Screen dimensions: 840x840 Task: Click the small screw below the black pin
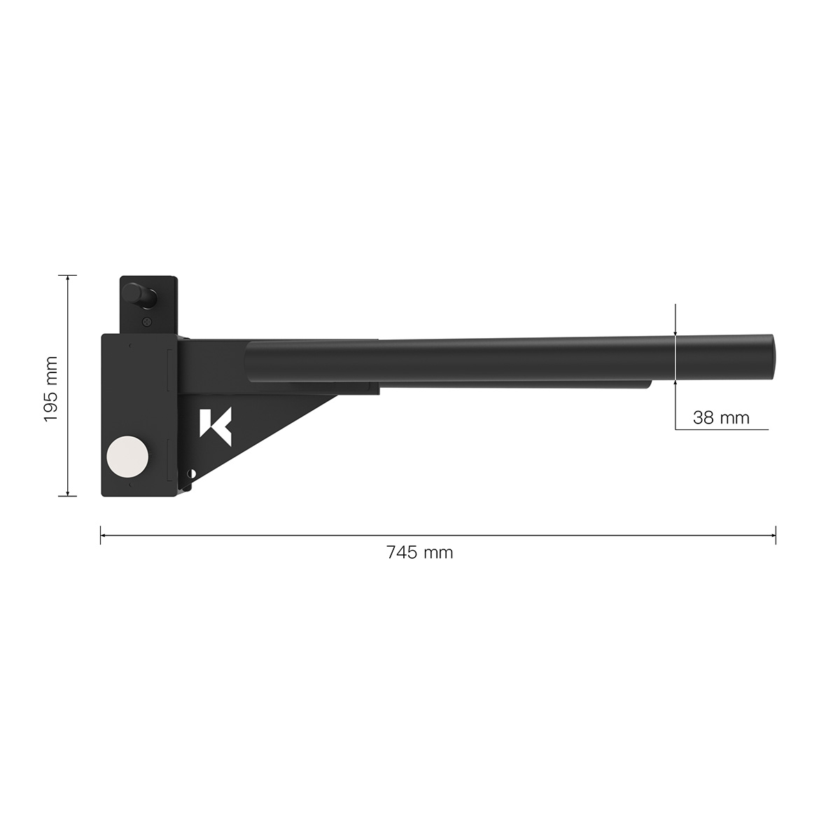(x=146, y=321)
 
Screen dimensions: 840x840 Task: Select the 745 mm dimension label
(x=419, y=553)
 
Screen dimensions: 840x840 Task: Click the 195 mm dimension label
(x=50, y=387)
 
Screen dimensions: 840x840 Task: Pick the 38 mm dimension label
(x=721, y=419)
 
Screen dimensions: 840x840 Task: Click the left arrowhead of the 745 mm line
(x=103, y=536)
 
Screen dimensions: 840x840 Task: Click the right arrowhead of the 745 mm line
(x=773, y=536)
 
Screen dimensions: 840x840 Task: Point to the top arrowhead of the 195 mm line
(x=67, y=278)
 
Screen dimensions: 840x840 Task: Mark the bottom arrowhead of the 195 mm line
(x=67, y=493)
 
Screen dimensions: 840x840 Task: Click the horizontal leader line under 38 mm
(x=721, y=429)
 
